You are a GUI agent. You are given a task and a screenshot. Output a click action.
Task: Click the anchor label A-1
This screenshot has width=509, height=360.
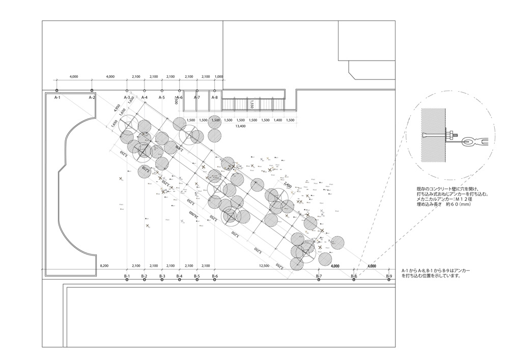point(58,97)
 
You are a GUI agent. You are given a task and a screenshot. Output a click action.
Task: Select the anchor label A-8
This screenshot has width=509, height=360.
point(214,97)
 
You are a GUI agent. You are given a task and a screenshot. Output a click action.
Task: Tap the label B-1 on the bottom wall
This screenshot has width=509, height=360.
point(127,276)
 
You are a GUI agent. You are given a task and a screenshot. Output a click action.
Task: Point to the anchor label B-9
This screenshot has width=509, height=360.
point(389,276)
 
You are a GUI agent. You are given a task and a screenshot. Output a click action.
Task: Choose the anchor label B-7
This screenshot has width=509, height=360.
point(319,276)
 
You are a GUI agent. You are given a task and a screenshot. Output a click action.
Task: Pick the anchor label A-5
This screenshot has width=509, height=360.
point(162,97)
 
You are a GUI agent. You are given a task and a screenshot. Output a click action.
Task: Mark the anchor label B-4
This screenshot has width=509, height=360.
point(179,276)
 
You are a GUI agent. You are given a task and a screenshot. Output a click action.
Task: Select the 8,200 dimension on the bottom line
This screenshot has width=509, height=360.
point(105,266)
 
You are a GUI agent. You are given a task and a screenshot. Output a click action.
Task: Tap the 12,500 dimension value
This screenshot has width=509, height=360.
point(264,266)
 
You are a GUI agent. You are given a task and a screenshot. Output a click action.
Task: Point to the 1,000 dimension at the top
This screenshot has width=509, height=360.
point(219,76)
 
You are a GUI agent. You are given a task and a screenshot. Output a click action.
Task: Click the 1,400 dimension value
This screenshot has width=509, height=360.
point(277,120)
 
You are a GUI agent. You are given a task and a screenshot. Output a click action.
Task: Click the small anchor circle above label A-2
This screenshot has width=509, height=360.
point(92,90)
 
